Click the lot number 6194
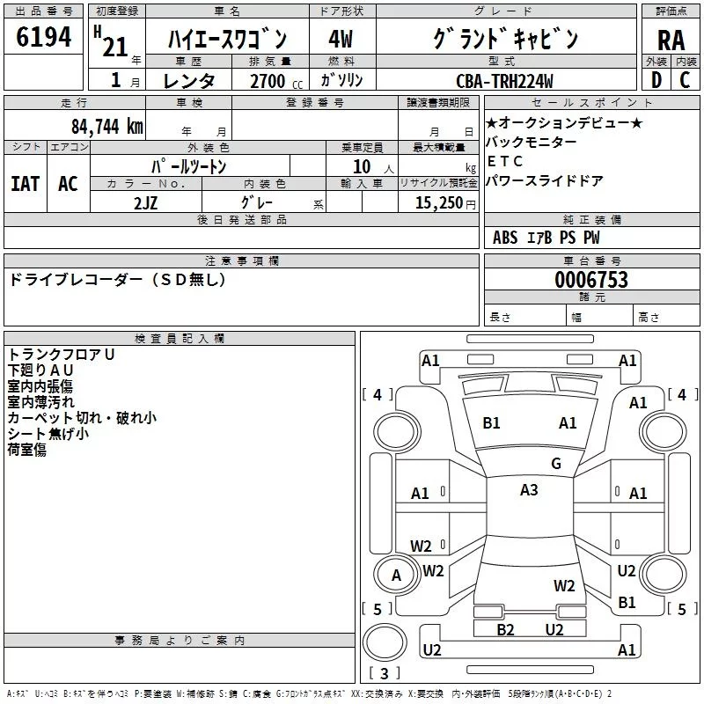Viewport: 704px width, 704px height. [x=43, y=37]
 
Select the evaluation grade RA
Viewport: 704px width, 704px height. [x=671, y=40]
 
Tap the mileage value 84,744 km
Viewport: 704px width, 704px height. [x=106, y=127]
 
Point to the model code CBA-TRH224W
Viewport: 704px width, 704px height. [x=504, y=81]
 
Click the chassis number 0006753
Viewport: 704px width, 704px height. [x=591, y=280]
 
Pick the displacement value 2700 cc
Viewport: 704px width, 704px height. [x=275, y=81]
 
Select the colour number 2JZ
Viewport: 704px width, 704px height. [x=145, y=203]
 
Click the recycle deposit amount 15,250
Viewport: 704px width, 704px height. [x=438, y=203]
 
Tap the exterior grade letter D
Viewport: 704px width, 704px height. [x=656, y=80]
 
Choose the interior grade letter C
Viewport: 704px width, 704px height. [x=685, y=80]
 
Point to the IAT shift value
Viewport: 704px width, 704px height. [x=25, y=184]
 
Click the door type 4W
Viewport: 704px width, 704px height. [x=341, y=39]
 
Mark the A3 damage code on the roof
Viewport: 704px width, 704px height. [x=529, y=490]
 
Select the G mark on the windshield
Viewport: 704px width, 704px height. [x=556, y=464]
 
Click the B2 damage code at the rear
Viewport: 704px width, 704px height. [x=505, y=630]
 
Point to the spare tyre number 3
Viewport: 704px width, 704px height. [x=385, y=673]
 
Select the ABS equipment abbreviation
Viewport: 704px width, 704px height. [x=505, y=238]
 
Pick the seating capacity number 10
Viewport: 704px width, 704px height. [x=362, y=167]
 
